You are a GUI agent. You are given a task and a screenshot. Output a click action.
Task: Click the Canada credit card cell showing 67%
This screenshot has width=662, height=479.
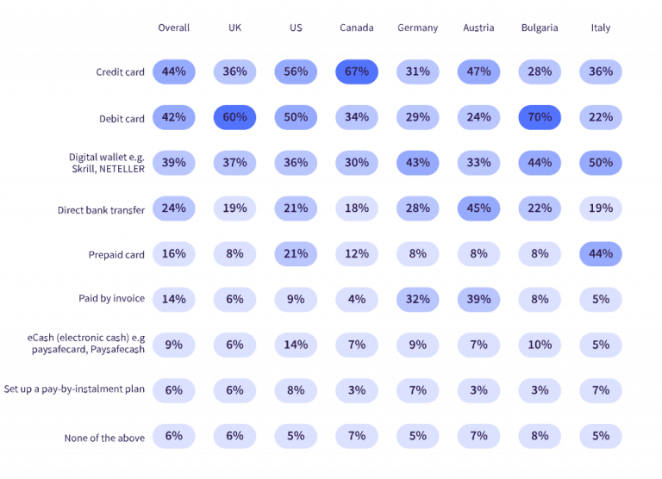click(357, 72)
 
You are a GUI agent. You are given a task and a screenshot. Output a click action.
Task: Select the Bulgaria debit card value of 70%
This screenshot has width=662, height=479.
click(540, 117)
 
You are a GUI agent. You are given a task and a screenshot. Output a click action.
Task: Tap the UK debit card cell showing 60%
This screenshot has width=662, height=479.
click(235, 117)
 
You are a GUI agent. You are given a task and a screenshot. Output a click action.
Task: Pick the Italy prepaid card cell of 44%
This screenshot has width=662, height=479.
click(601, 254)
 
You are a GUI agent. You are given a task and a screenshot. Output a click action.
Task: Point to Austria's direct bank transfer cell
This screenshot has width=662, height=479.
click(478, 208)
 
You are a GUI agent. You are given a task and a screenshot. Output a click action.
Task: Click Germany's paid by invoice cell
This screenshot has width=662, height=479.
click(418, 299)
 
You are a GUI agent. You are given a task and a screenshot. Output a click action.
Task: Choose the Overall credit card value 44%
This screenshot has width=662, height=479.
click(174, 72)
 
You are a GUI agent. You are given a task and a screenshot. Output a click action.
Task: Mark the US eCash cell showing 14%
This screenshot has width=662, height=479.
click(296, 345)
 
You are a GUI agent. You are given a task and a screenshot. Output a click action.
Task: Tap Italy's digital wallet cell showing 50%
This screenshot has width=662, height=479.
click(601, 163)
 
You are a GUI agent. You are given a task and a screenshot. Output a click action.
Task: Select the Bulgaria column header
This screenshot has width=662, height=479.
click(540, 28)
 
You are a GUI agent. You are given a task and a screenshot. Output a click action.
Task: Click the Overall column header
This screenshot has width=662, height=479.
click(174, 28)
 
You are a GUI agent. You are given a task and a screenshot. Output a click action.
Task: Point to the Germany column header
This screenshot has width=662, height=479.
click(418, 28)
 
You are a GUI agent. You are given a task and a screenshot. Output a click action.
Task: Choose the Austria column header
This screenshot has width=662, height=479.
click(478, 28)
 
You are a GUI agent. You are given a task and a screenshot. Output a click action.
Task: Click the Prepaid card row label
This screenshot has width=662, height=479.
click(116, 255)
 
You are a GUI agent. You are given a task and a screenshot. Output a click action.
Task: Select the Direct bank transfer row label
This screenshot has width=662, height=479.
click(101, 209)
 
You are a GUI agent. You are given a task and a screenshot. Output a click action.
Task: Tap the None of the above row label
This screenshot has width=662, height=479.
click(104, 438)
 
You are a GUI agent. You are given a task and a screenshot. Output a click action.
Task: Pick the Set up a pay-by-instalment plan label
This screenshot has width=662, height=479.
click(74, 389)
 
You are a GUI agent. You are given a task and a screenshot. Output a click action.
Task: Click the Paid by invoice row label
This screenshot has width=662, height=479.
click(111, 299)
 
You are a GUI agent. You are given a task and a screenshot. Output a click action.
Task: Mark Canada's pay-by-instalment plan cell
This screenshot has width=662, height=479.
click(357, 390)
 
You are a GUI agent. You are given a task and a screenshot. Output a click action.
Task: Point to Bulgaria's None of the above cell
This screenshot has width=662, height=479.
click(540, 436)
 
